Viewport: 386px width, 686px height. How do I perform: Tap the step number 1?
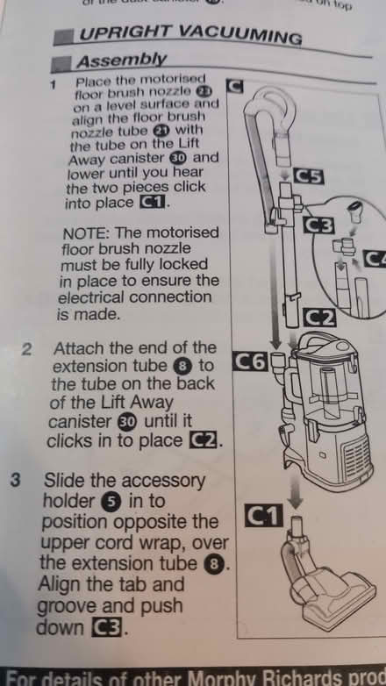pos(54,85)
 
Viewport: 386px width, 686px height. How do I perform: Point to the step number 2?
pos(27,349)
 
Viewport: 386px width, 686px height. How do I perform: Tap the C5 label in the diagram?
pos(311,176)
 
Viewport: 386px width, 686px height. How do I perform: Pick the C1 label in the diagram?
pos(261,518)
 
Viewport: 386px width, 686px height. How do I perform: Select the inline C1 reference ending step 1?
pos(155,204)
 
